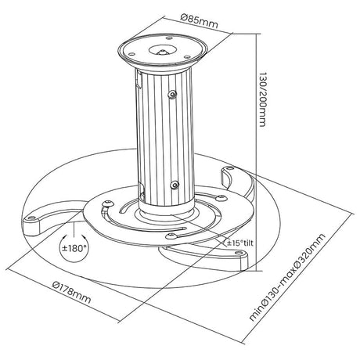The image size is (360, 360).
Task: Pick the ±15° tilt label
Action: (240, 243)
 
